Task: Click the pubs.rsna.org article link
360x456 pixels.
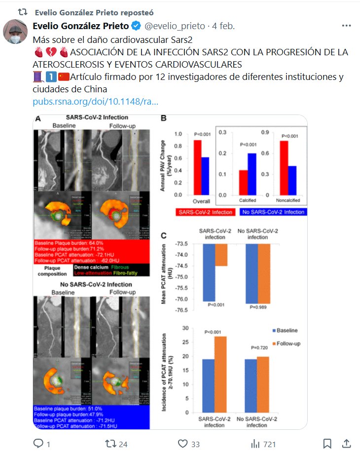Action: pyautogui.click(x=96, y=102)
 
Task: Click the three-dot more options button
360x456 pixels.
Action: pyautogui.click(x=346, y=26)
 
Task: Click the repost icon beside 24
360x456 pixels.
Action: pyautogui.click(x=110, y=444)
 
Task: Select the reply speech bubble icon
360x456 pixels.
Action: pyautogui.click(x=39, y=444)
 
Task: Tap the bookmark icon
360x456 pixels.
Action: pyautogui.click(x=327, y=444)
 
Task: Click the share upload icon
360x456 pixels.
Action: pyautogui.click(x=346, y=443)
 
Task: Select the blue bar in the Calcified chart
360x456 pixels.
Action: pyautogui.click(x=252, y=173)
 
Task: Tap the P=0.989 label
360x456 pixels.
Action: pyautogui.click(x=258, y=307)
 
